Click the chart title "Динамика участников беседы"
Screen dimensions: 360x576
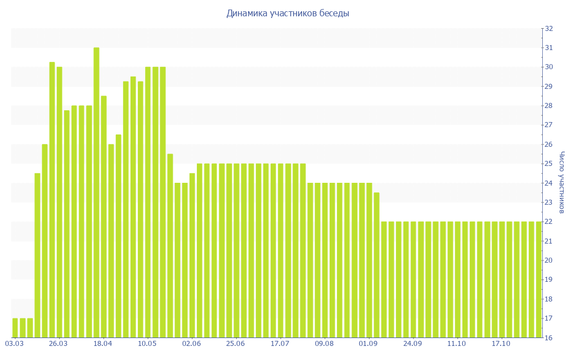tap(287, 13)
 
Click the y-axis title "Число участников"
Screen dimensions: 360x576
tap(562, 182)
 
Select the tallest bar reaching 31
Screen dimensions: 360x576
tap(96, 191)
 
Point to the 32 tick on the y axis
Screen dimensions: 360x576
tap(549, 29)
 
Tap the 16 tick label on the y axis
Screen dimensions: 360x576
tap(549, 338)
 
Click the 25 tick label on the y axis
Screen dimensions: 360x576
tap(549, 164)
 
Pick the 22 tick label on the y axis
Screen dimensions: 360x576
tap(549, 222)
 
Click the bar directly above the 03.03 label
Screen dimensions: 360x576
tap(15, 328)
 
